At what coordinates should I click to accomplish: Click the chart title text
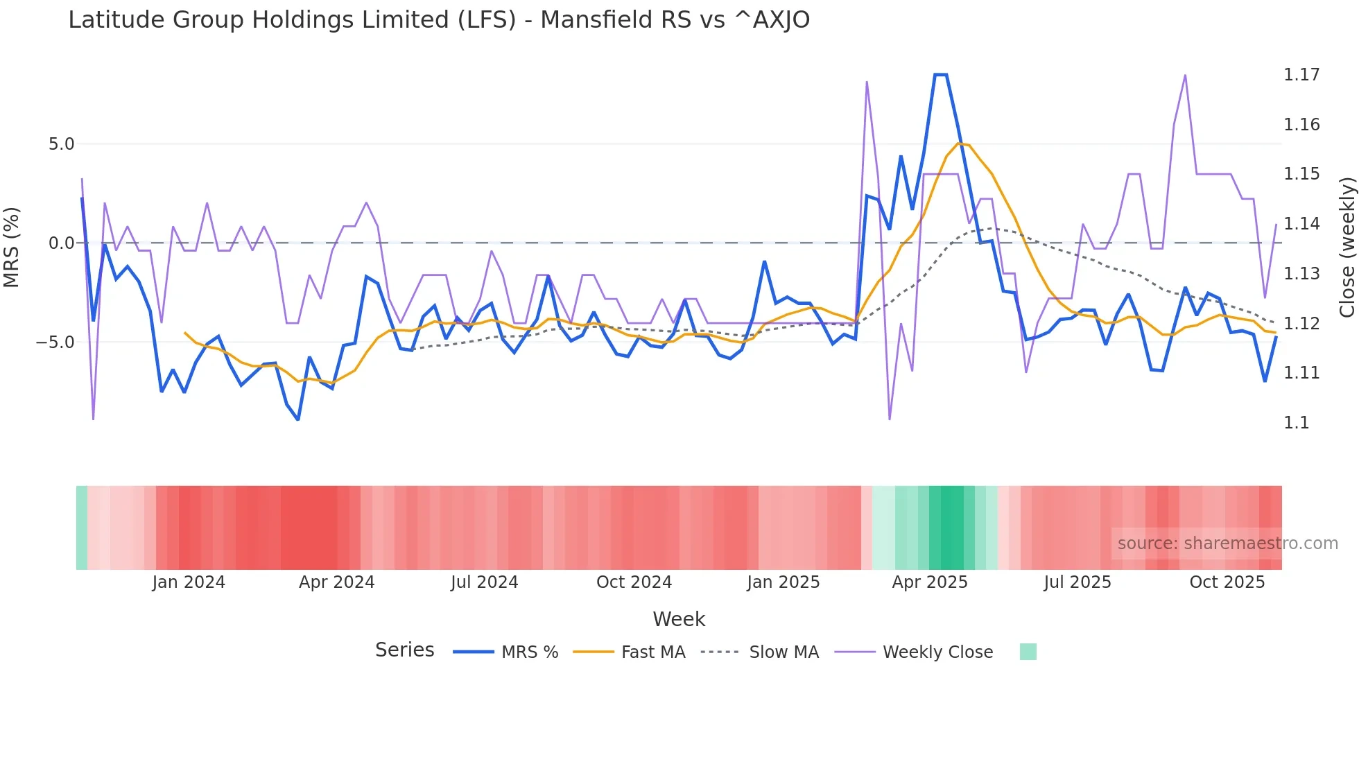pos(438,20)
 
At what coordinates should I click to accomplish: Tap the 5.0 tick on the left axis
pos(61,144)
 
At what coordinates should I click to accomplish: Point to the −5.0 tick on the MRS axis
pos(55,342)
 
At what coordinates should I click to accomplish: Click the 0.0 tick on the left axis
pos(61,243)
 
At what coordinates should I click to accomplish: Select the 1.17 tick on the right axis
pos(1301,75)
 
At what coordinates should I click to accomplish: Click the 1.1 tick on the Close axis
pos(1296,423)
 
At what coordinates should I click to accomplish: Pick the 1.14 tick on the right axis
pos(1301,224)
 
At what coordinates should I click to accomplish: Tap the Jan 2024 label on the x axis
pos(189,582)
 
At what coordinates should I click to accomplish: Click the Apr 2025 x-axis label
pos(929,582)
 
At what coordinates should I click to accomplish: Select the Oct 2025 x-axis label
pos(1227,582)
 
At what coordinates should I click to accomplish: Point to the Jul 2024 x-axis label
pos(484,582)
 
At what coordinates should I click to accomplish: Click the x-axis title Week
pos(679,619)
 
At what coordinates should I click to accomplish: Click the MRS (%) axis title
pos(12,247)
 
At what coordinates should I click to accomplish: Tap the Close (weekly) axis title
pos(1347,248)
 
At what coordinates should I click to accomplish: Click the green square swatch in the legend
pos(1028,652)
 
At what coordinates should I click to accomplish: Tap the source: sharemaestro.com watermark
pos(1227,544)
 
